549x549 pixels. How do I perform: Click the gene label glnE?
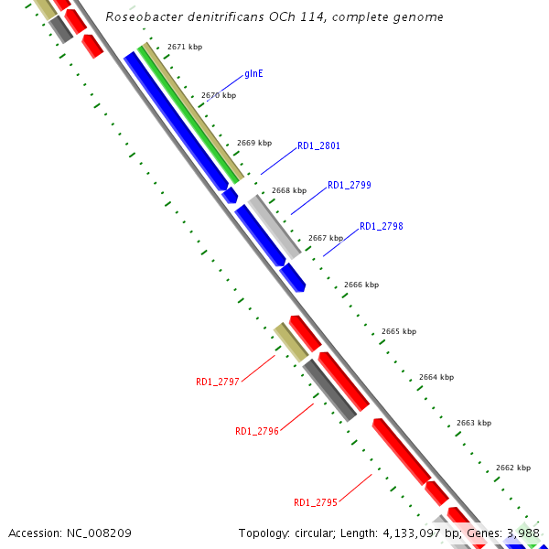click(253, 73)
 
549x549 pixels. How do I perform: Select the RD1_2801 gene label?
click(318, 145)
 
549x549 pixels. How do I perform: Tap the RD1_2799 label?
click(349, 185)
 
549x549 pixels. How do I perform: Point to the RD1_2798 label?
click(381, 226)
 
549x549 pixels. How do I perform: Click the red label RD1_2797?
click(218, 382)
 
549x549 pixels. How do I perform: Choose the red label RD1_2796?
click(257, 431)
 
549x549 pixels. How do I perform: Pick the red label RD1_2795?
click(316, 502)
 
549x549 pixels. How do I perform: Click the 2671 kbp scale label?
click(184, 46)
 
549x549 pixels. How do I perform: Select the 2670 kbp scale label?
click(218, 95)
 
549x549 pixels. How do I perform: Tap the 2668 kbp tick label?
click(289, 190)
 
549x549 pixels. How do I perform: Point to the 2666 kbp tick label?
click(361, 285)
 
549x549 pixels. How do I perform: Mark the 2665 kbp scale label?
click(398, 331)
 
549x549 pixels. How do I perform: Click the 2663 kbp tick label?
click(473, 423)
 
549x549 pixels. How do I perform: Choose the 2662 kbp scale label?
click(512, 468)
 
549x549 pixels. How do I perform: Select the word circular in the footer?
click(321, 533)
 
